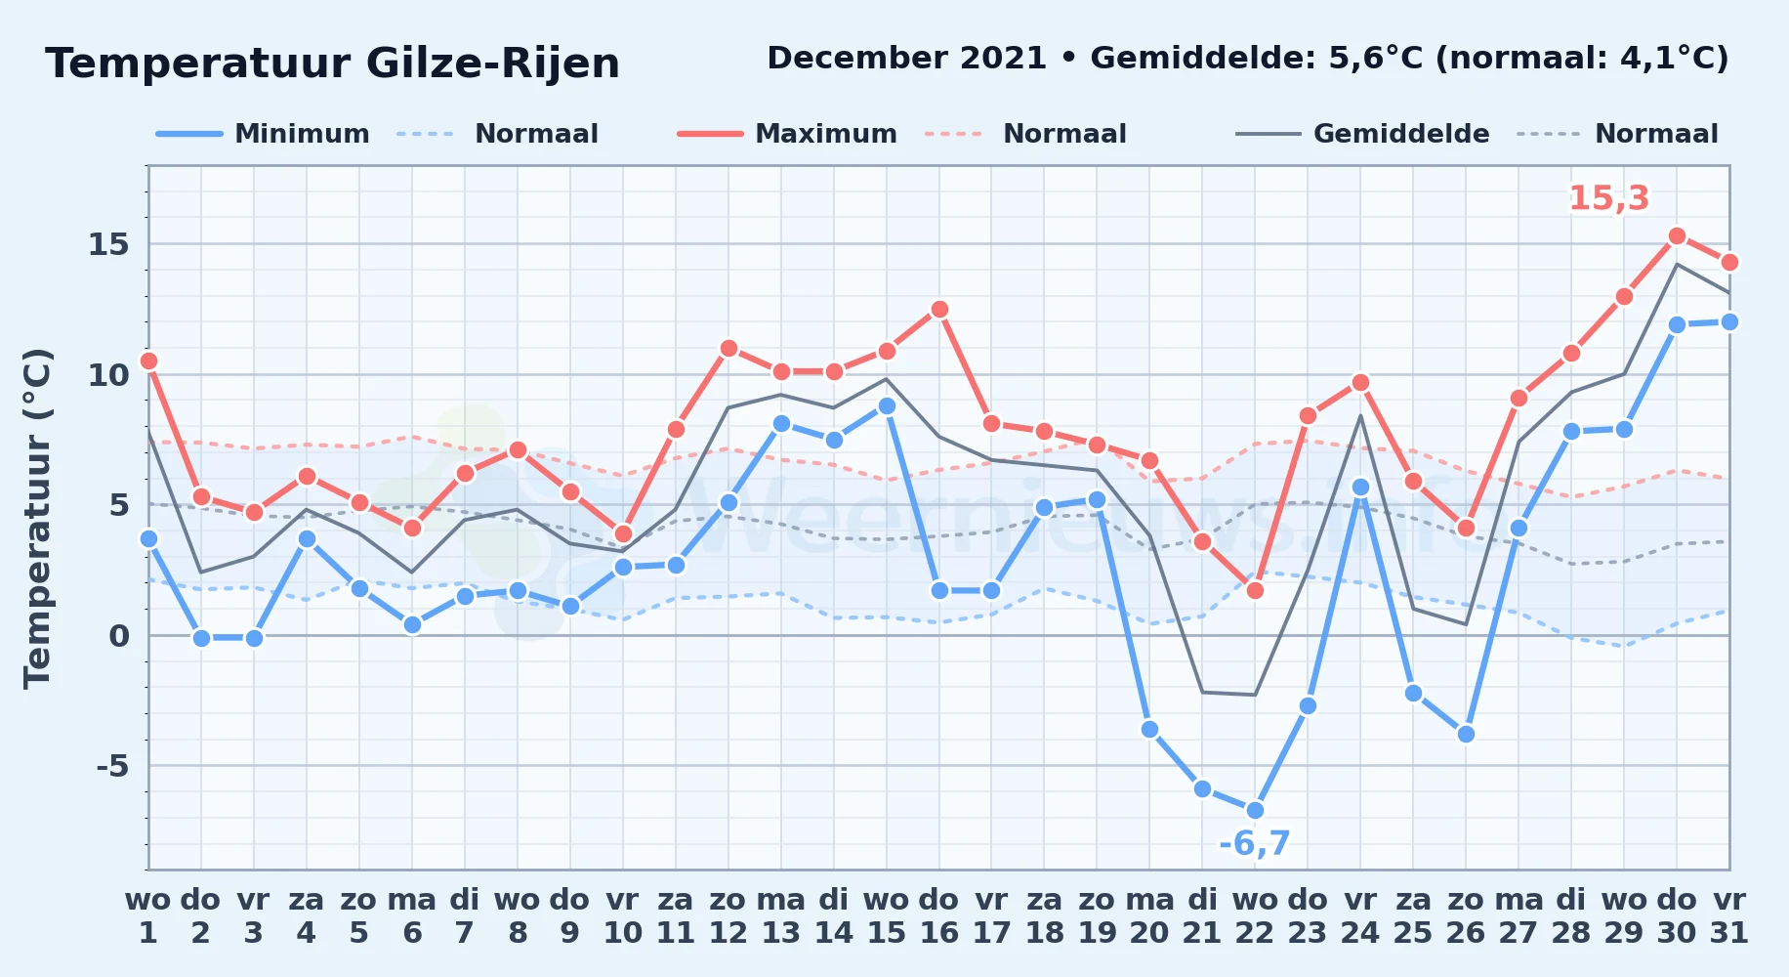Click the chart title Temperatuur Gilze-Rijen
click(332, 64)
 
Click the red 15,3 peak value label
click(1608, 198)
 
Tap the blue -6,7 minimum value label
click(1255, 843)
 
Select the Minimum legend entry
click(263, 134)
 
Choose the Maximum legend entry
click(787, 134)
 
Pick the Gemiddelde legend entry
click(1362, 134)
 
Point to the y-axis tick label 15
click(108, 244)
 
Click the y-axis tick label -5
click(112, 766)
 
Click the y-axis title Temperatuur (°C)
click(37, 518)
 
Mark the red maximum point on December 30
click(1677, 235)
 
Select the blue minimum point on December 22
click(1255, 810)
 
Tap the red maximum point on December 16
click(939, 309)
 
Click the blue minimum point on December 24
click(1360, 487)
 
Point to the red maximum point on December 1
click(148, 361)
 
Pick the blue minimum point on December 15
click(887, 405)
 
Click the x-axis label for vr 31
click(1729, 915)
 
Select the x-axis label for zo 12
click(728, 915)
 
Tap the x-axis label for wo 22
click(1255, 915)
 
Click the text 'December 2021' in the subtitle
click(907, 59)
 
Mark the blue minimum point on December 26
click(1466, 734)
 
